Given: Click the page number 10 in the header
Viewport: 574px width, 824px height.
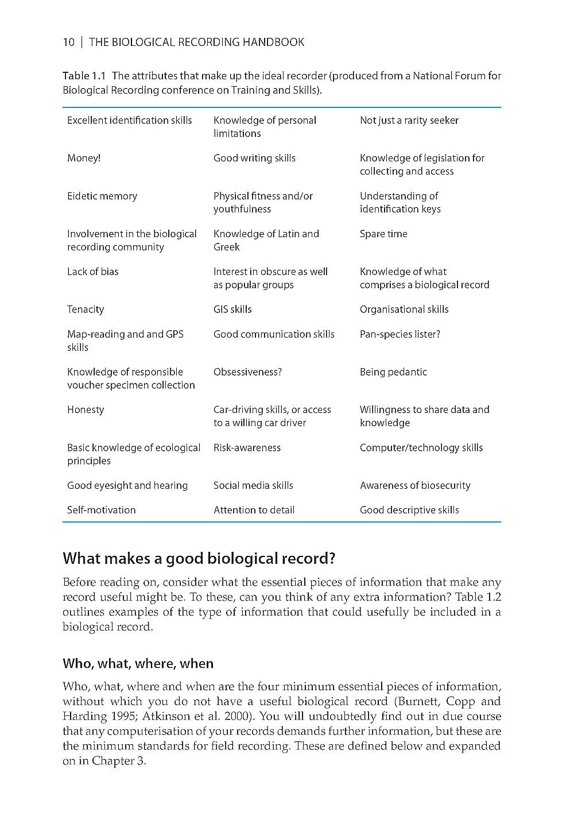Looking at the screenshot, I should (68, 42).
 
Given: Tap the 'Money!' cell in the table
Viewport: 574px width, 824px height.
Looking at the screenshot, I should (84, 158).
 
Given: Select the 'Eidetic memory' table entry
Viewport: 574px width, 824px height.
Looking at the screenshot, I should (102, 196).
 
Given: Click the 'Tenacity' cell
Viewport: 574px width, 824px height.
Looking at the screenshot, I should (86, 309).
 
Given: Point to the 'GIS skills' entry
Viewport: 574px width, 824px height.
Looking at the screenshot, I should (232, 309).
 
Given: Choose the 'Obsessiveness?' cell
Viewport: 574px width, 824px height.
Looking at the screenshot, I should (247, 372).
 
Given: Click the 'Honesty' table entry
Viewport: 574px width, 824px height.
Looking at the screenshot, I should (86, 409).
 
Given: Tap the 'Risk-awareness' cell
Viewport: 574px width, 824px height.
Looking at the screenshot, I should (247, 447).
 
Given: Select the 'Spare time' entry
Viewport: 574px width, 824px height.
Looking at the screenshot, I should (383, 234).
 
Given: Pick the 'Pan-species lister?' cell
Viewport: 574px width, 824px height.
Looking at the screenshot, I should (400, 334).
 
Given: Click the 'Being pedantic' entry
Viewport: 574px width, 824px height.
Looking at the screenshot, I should (393, 372).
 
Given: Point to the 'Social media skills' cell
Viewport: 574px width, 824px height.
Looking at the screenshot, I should (253, 485).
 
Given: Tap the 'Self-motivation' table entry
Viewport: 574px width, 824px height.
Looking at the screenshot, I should (102, 509).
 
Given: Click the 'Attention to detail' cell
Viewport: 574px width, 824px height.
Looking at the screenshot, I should (254, 509).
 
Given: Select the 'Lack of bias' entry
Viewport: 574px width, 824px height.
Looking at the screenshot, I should (92, 272).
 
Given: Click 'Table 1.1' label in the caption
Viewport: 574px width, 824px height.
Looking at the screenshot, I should (84, 76).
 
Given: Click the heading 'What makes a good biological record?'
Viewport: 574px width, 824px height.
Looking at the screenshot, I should (199, 558).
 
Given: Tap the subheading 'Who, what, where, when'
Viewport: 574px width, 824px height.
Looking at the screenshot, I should (138, 663).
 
